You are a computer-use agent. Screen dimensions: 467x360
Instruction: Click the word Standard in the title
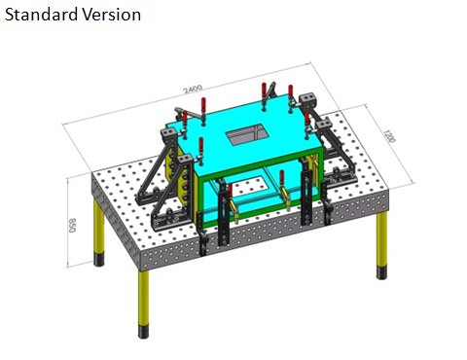point(41,15)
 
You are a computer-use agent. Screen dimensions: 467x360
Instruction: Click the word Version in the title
point(111,15)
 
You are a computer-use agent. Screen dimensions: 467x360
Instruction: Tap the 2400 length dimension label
point(193,89)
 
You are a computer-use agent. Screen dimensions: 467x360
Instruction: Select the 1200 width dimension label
point(389,136)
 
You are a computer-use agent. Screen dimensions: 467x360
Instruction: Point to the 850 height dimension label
point(72,225)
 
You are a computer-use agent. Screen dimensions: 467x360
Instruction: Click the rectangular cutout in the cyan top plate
point(246,133)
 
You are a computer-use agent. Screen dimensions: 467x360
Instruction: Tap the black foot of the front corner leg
point(143,331)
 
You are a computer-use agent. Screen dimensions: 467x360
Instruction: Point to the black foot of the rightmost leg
point(381,271)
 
